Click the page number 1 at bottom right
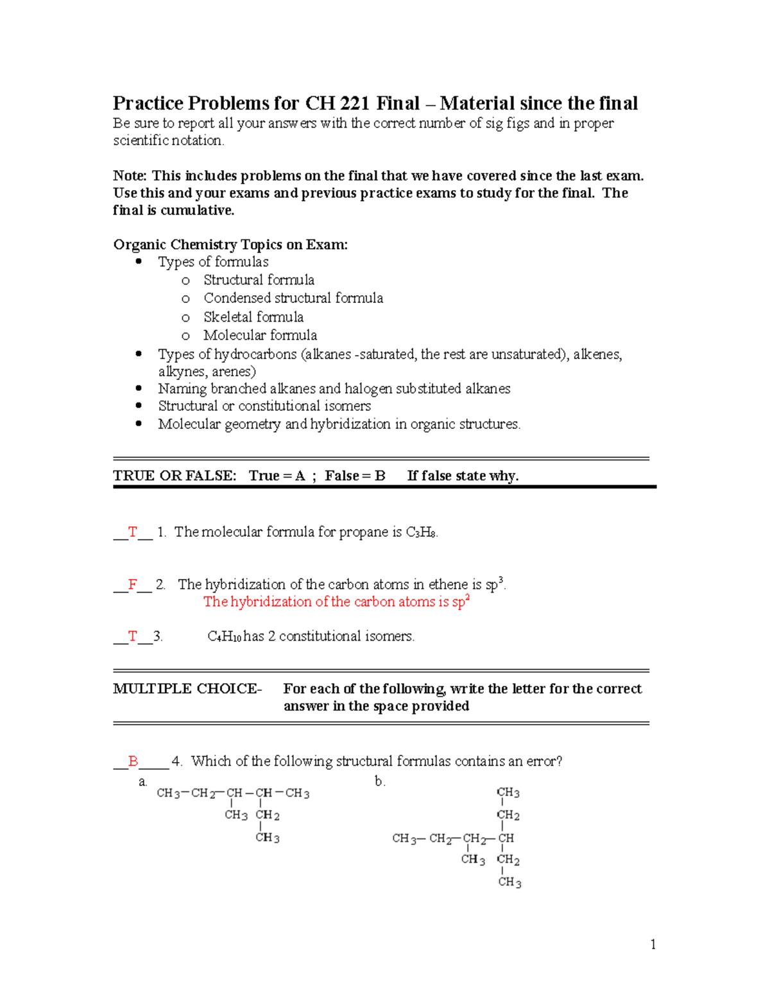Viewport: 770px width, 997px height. (653, 944)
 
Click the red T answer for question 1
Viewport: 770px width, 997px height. (133, 532)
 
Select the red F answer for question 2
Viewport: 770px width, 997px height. (133, 584)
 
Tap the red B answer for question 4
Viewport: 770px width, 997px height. (133, 761)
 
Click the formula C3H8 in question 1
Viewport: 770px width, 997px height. (422, 532)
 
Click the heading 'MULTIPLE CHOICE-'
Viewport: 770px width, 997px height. (187, 689)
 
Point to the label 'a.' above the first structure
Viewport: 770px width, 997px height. (142, 782)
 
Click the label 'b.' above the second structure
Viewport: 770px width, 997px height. (380, 781)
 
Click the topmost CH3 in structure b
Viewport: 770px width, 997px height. (508, 793)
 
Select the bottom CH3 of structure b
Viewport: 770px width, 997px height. (509, 882)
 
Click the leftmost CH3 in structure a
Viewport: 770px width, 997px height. (168, 793)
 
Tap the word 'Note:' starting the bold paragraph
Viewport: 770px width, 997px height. (130, 176)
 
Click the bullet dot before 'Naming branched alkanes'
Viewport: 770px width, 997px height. (139, 388)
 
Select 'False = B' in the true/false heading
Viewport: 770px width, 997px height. (354, 476)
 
